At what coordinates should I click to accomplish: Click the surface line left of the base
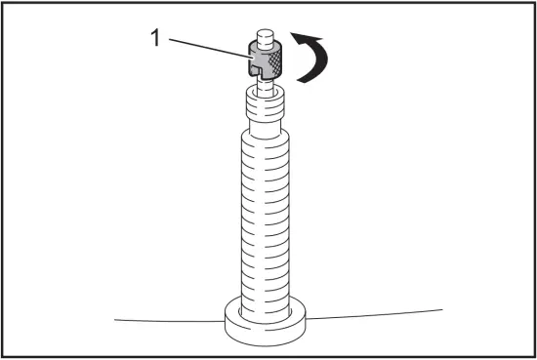[x=166, y=320]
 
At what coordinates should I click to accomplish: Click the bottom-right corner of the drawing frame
[x=533, y=356]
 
